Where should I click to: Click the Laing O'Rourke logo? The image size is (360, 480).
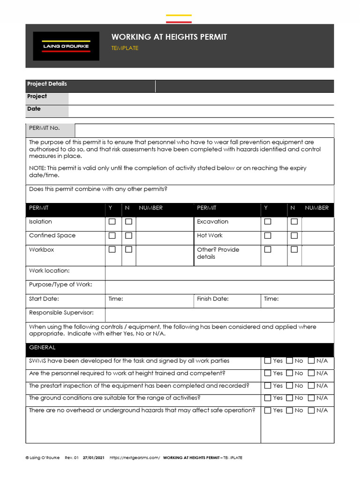[66, 46]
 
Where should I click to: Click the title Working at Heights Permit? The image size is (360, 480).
[169, 37]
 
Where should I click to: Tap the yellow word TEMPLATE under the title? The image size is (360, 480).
[125, 48]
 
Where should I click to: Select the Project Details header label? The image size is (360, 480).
[47, 84]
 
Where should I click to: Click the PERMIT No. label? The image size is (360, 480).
[45, 128]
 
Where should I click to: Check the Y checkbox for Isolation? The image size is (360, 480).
[112, 222]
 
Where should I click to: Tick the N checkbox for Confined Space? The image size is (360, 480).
[128, 236]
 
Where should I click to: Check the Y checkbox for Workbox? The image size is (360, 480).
[112, 250]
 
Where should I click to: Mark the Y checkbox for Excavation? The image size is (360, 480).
[268, 222]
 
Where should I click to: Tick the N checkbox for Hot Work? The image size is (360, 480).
[294, 236]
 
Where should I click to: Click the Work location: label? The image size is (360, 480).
[49, 271]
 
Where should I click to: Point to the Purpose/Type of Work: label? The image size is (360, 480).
[60, 285]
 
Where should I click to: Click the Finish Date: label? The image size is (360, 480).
[213, 299]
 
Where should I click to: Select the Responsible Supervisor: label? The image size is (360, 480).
[61, 313]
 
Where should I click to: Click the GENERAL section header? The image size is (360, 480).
[42, 347]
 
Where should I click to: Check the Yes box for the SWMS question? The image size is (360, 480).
[268, 361]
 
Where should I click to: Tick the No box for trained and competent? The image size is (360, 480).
[290, 374]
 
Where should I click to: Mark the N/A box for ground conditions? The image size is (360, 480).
[311, 398]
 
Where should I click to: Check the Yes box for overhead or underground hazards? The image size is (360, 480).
[268, 411]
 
